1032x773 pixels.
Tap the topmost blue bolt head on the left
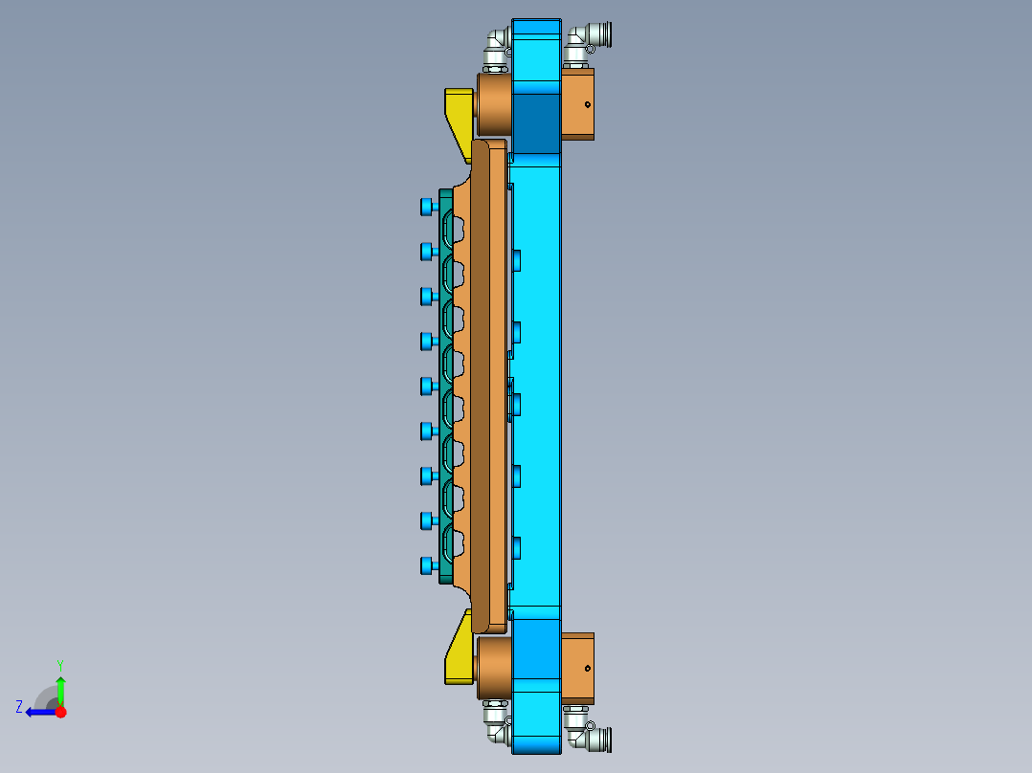tap(427, 206)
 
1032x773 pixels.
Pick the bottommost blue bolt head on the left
tap(427, 565)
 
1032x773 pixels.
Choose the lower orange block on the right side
tap(577, 668)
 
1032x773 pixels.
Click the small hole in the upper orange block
tap(587, 103)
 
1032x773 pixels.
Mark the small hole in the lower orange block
tap(587, 668)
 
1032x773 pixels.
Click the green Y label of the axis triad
tap(60, 664)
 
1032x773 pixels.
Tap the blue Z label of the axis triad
tap(19, 707)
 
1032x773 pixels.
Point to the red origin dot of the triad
tap(60, 712)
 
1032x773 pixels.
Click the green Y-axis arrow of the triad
tap(60, 689)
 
